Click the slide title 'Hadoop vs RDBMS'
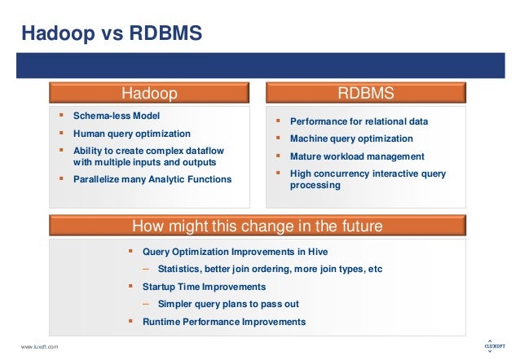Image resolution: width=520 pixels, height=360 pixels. click(111, 33)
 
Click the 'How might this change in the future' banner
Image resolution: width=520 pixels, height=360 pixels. click(257, 226)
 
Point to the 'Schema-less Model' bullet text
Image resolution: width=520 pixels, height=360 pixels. click(117, 116)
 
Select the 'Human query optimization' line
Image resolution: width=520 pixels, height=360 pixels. click(131, 134)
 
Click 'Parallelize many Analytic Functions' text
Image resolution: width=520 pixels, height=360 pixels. click(152, 179)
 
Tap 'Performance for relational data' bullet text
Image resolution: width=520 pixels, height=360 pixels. click(359, 121)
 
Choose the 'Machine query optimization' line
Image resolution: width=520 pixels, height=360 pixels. click(351, 138)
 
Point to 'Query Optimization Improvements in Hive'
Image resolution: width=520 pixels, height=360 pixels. click(235, 251)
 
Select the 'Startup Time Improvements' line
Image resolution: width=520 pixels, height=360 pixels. click(204, 287)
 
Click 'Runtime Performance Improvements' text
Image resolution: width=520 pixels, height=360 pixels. click(224, 322)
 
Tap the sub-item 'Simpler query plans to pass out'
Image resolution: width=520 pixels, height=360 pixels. click(228, 304)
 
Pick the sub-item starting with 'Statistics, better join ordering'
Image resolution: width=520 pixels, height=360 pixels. click(270, 269)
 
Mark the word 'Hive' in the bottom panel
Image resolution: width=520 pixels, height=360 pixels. click(319, 251)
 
